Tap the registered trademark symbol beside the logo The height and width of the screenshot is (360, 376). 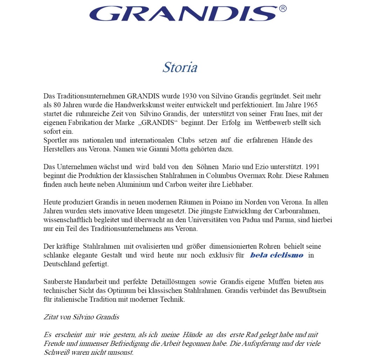[283, 8]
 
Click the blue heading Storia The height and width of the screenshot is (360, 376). [180, 67]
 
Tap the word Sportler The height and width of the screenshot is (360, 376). [56, 140]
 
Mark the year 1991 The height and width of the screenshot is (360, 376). [312, 167]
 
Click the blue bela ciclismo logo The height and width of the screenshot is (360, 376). [276, 255]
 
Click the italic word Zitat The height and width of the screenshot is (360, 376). [51, 317]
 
